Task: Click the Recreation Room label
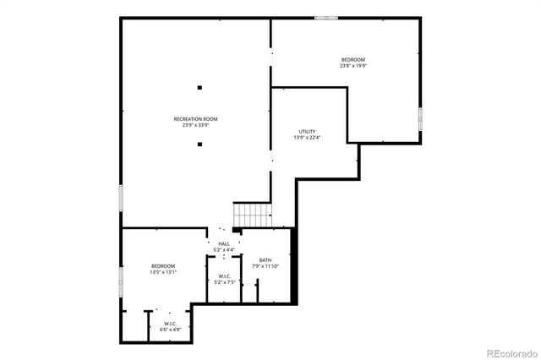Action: click(x=196, y=119)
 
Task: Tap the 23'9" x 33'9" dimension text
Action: click(x=196, y=126)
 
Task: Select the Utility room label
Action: click(x=307, y=132)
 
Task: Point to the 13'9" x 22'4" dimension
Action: click(x=307, y=138)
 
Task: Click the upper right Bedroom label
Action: click(x=353, y=59)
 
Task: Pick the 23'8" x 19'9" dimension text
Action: click(x=353, y=65)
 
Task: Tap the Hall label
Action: click(x=224, y=244)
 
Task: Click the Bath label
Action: click(x=265, y=260)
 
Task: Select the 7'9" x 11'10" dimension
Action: click(x=265, y=266)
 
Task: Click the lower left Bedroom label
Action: click(x=163, y=266)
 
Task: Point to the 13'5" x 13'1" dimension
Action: click(x=163, y=273)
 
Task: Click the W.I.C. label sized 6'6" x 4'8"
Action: click(x=170, y=324)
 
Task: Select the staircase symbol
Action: click(x=252, y=216)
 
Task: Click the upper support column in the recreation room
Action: click(x=200, y=85)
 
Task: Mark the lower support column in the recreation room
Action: click(x=200, y=145)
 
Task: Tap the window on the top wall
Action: click(x=326, y=18)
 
